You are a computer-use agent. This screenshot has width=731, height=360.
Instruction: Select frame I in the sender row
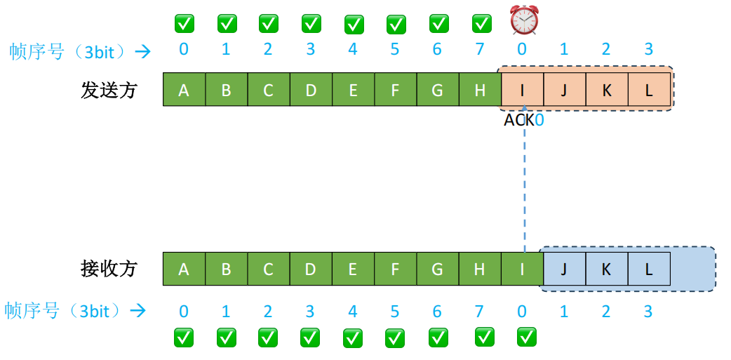pos(522,90)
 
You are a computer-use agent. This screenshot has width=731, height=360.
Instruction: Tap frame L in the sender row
pos(649,90)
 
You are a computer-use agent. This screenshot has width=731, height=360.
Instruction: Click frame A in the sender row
pos(184,90)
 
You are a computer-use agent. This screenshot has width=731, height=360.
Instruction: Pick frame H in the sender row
pos(480,90)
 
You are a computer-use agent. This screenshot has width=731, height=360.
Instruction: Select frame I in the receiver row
pos(522,269)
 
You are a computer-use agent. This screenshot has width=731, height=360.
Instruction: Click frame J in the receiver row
pos(565,269)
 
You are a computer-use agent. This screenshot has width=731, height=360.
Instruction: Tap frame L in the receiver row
pos(649,269)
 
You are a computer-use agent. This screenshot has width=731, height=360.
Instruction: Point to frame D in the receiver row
pos(311,269)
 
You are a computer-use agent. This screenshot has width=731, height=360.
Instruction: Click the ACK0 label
pos(524,120)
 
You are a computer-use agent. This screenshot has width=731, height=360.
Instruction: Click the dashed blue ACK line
pos(525,189)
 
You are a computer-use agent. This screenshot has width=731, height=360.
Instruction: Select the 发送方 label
pos(109,91)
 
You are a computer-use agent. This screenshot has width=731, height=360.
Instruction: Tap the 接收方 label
pos(109,269)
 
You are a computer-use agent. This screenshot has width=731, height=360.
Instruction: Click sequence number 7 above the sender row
pos(480,50)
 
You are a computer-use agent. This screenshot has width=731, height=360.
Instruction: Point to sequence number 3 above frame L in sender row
pos(649,50)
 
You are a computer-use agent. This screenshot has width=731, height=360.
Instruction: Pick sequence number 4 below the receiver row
pos(353,310)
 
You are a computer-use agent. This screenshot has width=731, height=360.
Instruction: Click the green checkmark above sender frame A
pos(184,24)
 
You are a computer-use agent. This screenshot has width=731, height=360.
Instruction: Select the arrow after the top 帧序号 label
pos(142,51)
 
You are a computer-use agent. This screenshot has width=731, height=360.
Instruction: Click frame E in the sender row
pos(353,90)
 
